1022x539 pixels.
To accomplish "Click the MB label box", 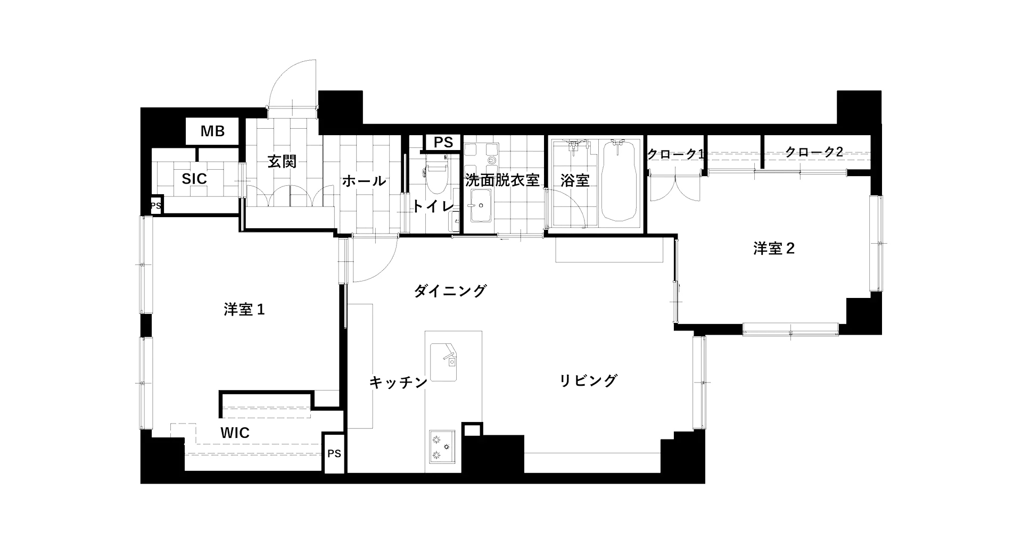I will tap(212, 131).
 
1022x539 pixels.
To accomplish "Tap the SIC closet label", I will tap(194, 179).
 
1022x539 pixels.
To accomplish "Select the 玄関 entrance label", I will tap(282, 161).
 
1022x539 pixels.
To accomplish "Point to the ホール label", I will tap(364, 181).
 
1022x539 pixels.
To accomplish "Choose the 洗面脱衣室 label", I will tap(502, 180).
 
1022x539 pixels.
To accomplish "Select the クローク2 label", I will tap(814, 152).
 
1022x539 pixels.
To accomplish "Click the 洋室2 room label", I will tap(774, 248).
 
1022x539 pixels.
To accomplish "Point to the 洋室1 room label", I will tap(244, 310).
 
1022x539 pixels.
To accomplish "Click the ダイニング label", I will tap(450, 291).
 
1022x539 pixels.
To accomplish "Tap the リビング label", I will tap(588, 380).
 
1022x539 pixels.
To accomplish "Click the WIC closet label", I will tap(235, 433).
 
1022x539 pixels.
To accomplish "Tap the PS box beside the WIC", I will tap(334, 454).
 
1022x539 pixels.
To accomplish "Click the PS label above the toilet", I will tap(443, 143).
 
